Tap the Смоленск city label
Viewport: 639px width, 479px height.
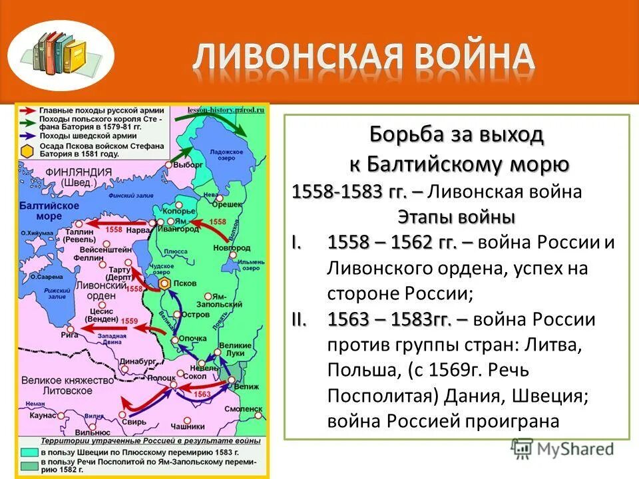coord(244,408)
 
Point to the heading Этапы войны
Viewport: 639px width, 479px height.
coord(456,217)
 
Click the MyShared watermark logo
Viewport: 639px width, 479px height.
coord(562,449)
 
